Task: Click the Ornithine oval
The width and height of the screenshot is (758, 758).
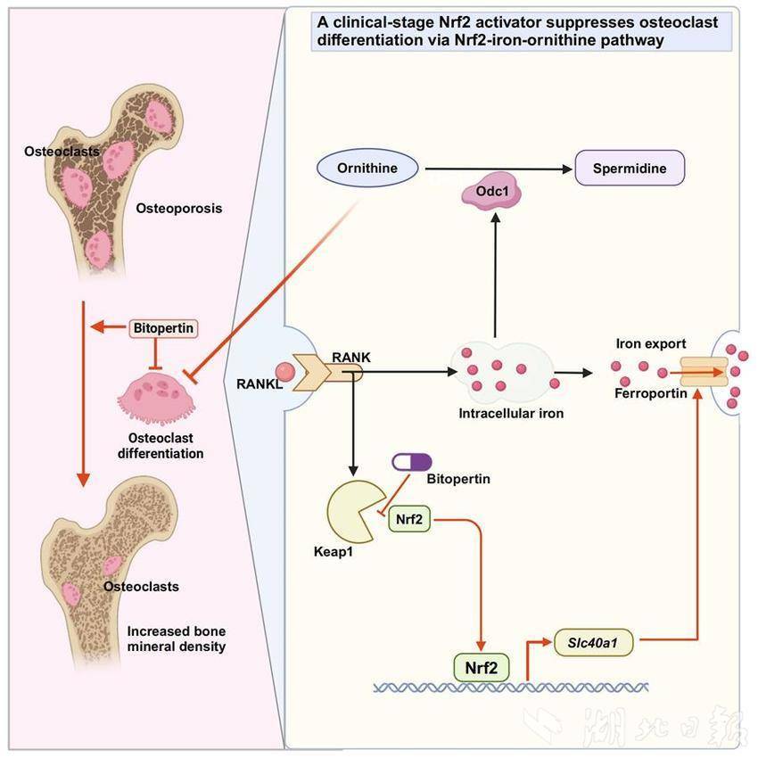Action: point(367,168)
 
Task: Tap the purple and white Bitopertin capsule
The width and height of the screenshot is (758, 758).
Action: point(412,462)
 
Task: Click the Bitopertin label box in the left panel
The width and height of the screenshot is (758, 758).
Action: point(162,328)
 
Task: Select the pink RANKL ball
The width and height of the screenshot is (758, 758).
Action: point(284,371)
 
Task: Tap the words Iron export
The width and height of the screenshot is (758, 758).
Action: point(650,343)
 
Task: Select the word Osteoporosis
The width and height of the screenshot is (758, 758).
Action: point(179,209)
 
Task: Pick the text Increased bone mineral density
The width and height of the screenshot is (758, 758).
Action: point(176,639)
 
